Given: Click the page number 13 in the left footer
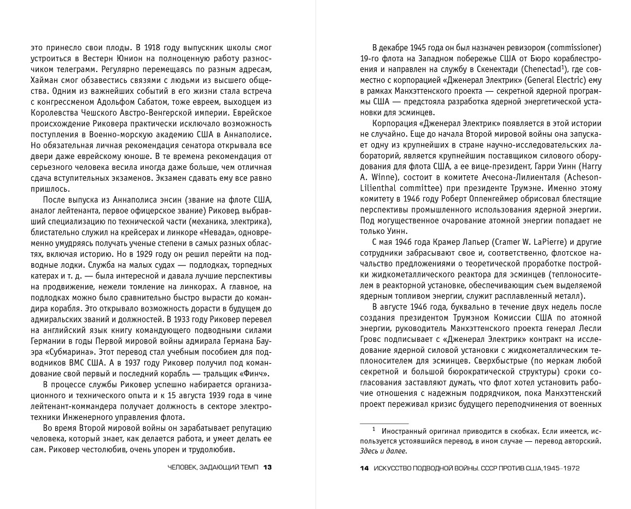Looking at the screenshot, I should click(x=268, y=467).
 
